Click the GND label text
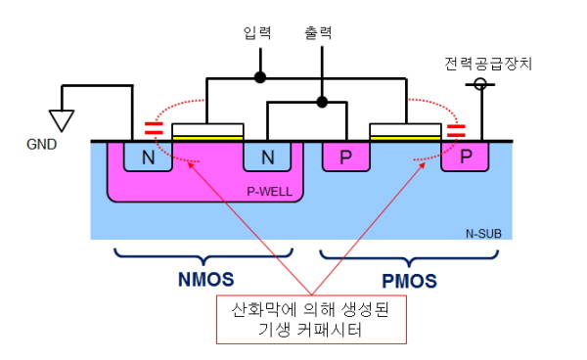point(41,144)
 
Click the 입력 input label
point(257,33)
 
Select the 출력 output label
point(318,33)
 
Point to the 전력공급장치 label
point(488,64)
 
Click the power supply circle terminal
point(480,84)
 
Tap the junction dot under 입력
point(260,77)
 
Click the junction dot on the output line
point(322,102)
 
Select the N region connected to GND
point(148,157)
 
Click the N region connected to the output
point(267,157)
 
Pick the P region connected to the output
point(346,157)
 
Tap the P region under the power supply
point(465,157)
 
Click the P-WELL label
point(270,192)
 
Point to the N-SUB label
point(483,234)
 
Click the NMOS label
point(205,279)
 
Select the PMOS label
point(409,281)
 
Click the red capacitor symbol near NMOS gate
point(154,128)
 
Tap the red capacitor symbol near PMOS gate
point(456,131)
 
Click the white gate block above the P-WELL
point(207,130)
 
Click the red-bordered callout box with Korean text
point(311,319)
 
